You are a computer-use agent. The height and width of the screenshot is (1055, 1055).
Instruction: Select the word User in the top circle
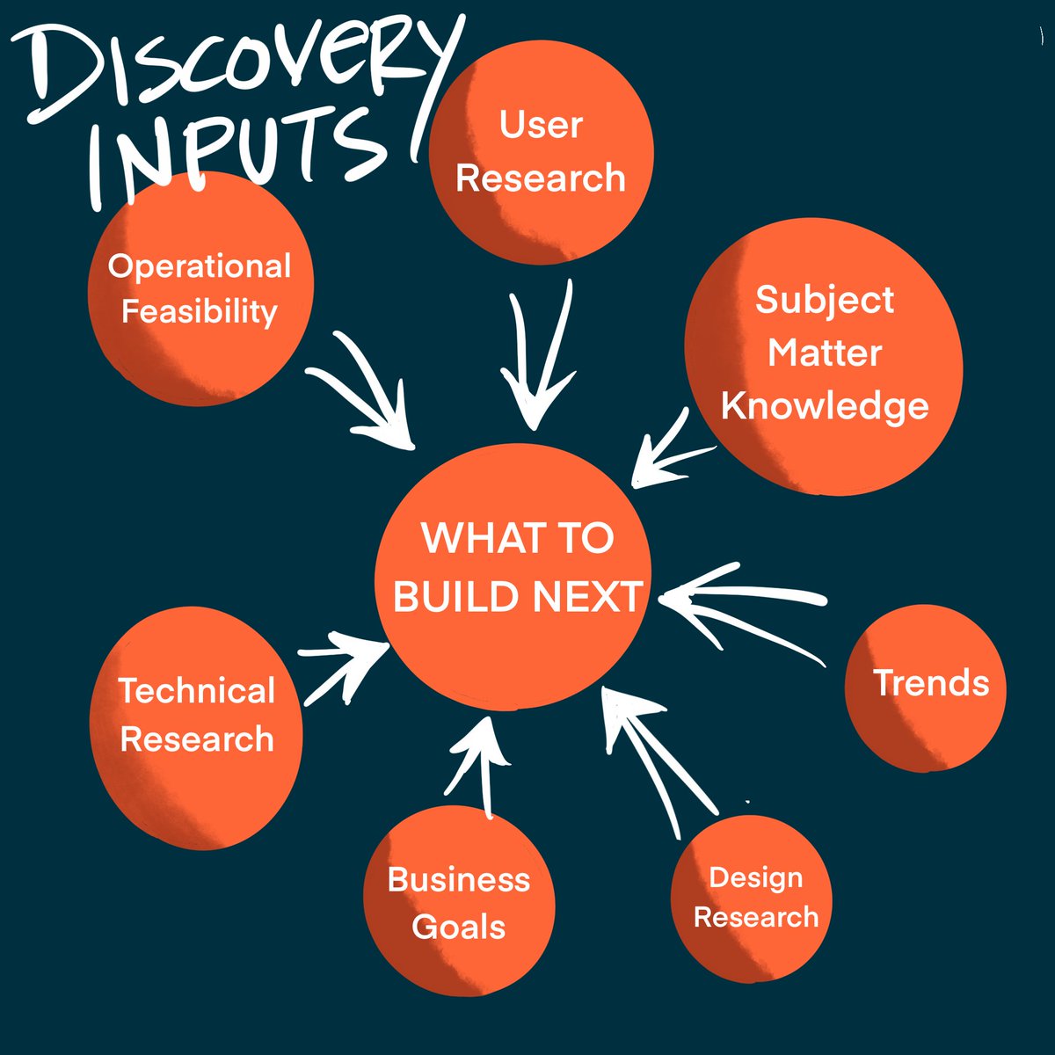pos(541,125)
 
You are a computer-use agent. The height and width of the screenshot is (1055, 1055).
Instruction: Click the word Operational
pos(200,266)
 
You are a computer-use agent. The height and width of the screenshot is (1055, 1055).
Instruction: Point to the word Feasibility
pos(200,311)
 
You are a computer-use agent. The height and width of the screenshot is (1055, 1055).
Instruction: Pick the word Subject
pos(825,300)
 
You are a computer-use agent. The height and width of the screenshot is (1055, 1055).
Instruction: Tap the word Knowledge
pos(825,406)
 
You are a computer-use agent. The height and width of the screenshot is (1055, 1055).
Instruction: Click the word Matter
pos(825,353)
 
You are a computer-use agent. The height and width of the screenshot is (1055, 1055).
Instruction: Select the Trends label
pos(930,683)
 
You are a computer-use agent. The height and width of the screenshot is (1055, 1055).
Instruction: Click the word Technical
pos(197,691)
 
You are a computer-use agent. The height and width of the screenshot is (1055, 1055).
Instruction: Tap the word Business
pos(459,879)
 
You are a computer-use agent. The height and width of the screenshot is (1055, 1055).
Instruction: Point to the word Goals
pos(459,927)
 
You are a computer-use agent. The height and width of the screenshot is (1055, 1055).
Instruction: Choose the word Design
pos(756,877)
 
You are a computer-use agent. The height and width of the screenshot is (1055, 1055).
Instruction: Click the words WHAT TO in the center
pos(517,538)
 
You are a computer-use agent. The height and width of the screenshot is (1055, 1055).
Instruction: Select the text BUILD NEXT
pos(517,597)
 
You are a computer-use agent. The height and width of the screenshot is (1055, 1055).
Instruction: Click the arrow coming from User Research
pos(538,360)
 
